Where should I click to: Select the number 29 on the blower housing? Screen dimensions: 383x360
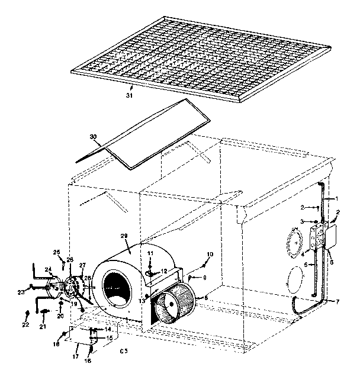pyautogui.click(x=124, y=236)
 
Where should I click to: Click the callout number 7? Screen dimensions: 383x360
pyautogui.click(x=337, y=302)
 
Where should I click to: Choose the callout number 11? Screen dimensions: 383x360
pyautogui.click(x=150, y=253)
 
